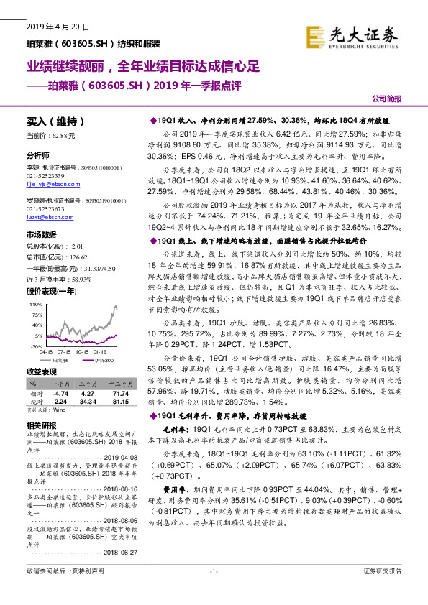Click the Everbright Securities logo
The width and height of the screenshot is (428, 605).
point(352,36)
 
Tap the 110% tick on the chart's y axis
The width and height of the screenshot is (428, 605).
point(37,305)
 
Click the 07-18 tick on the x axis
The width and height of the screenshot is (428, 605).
point(64,352)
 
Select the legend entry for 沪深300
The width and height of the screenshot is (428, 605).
point(106,359)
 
